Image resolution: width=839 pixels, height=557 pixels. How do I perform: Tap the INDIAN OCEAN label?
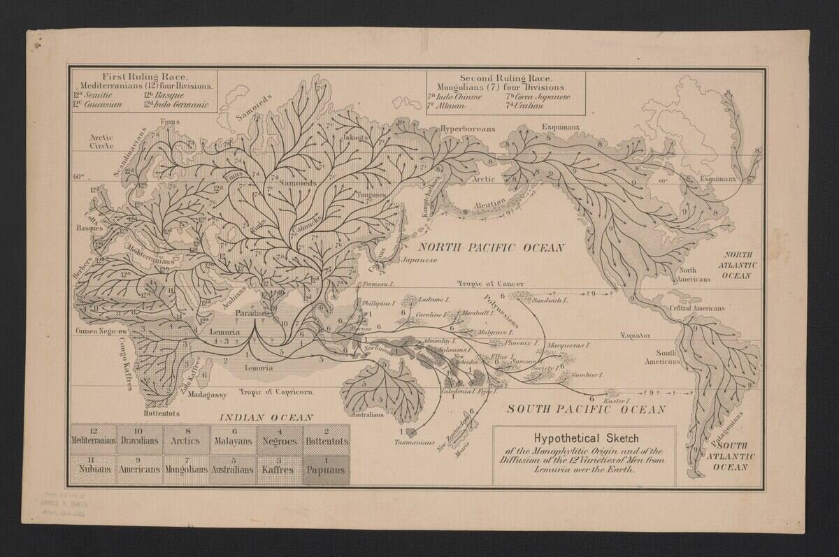pyautogui.click(x=266, y=417)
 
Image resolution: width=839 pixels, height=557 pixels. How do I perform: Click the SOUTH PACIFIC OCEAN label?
pyautogui.click(x=586, y=410)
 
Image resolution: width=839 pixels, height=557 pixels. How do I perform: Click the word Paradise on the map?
pyautogui.click(x=251, y=314)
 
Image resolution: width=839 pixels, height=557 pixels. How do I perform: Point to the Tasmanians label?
pyautogui.click(x=415, y=442)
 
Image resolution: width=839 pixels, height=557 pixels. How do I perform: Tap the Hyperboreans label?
pyautogui.click(x=467, y=129)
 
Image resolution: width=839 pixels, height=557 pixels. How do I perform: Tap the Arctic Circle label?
pyautogui.click(x=101, y=143)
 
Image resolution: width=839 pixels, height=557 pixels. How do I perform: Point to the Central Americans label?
pyautogui.click(x=696, y=308)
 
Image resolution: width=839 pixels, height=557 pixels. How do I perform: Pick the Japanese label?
pyautogui.click(x=419, y=260)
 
